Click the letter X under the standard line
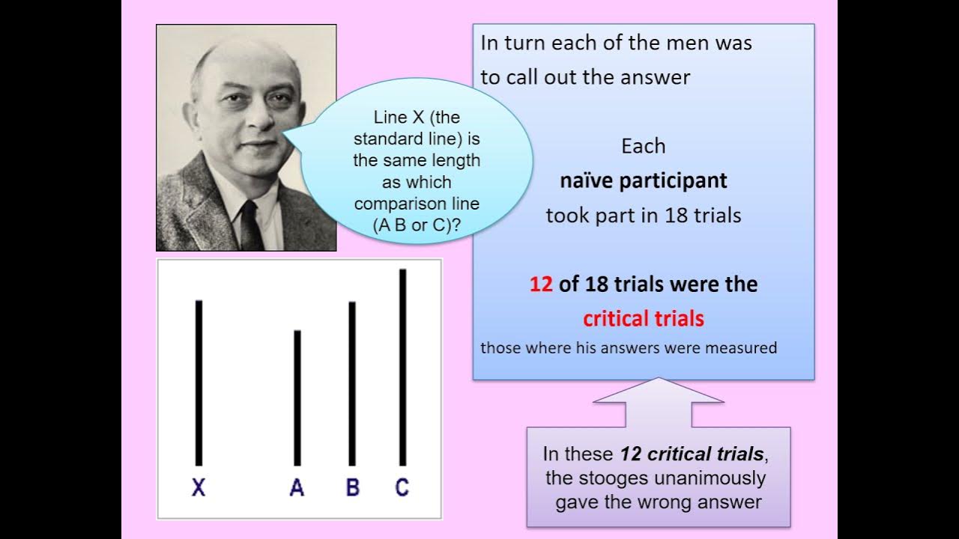pos(199,488)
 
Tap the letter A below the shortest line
pos(297,488)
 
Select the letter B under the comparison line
pos(352,488)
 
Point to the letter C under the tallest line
pos(402,488)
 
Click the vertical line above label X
pos(199,382)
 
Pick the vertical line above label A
pos(297,397)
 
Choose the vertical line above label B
pos(352,383)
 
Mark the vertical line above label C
pos(403,367)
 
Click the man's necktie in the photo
pos(249,225)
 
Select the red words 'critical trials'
pos(644,319)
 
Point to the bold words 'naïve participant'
pos(644,180)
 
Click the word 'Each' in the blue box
pos(644,146)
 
